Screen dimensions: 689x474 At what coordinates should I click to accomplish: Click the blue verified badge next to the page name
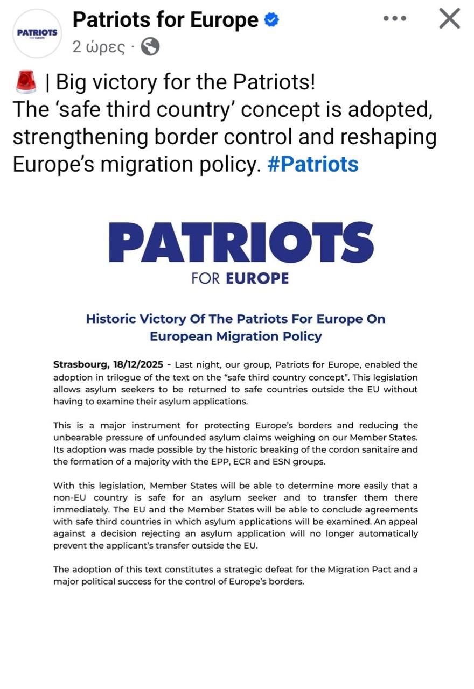pyautogui.click(x=271, y=20)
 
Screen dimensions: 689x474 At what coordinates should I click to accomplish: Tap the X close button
pyautogui.click(x=449, y=19)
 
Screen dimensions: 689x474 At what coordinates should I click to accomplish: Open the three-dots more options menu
pyautogui.click(x=394, y=18)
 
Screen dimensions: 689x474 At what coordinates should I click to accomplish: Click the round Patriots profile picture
pyautogui.click(x=37, y=33)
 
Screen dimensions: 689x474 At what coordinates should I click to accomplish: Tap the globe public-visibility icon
pyautogui.click(x=150, y=47)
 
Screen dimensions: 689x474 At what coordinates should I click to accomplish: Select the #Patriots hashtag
pyautogui.click(x=313, y=164)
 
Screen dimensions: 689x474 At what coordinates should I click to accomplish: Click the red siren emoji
pyautogui.click(x=26, y=82)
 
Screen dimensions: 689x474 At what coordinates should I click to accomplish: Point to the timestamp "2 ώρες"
pyautogui.click(x=99, y=47)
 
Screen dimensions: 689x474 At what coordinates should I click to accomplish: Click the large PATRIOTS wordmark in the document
pyautogui.click(x=241, y=242)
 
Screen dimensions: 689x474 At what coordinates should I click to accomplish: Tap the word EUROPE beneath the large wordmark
pyautogui.click(x=257, y=278)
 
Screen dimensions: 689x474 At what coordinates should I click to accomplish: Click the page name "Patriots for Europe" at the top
pyautogui.click(x=165, y=20)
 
